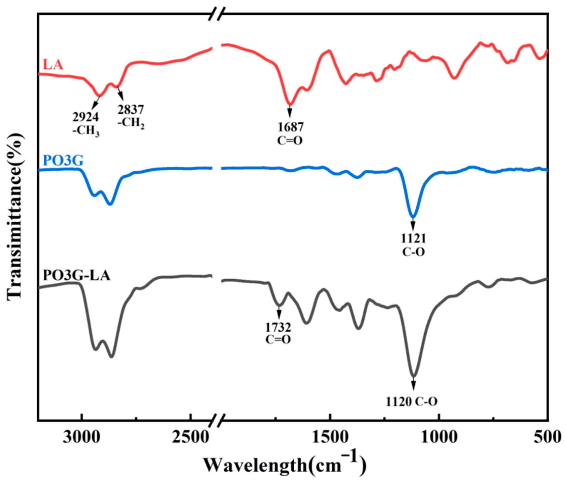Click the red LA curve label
pyautogui.click(x=53, y=65)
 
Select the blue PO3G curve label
pyautogui.click(x=63, y=161)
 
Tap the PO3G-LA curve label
pyautogui.click(x=77, y=276)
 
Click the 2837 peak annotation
pyautogui.click(x=131, y=110)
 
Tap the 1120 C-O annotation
pyautogui.click(x=412, y=402)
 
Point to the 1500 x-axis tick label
pyautogui.click(x=330, y=437)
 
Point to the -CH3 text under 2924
pyautogui.click(x=85, y=131)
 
